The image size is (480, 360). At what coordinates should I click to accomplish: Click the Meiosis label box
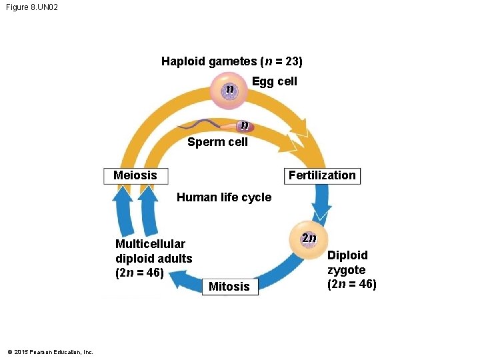[x=136, y=175]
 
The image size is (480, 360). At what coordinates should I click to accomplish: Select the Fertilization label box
[x=322, y=175]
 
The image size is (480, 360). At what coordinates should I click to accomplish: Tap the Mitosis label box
[x=229, y=287]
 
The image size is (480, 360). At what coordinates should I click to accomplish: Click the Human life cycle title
[x=224, y=197]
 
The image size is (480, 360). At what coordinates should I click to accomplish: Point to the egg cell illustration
[x=230, y=91]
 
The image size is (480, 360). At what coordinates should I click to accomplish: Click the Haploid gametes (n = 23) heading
[x=231, y=61]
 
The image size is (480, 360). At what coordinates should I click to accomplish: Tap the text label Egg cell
[x=275, y=81]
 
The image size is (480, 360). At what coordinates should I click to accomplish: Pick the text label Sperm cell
[x=217, y=142]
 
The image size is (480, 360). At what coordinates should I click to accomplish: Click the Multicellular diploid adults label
[x=153, y=258]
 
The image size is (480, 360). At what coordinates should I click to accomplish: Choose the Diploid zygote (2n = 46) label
[x=351, y=270]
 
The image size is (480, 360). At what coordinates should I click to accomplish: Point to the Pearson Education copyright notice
[x=50, y=352]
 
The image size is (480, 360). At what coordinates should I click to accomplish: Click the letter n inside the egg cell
[x=229, y=89]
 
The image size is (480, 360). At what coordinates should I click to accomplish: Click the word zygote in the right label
[x=346, y=270]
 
